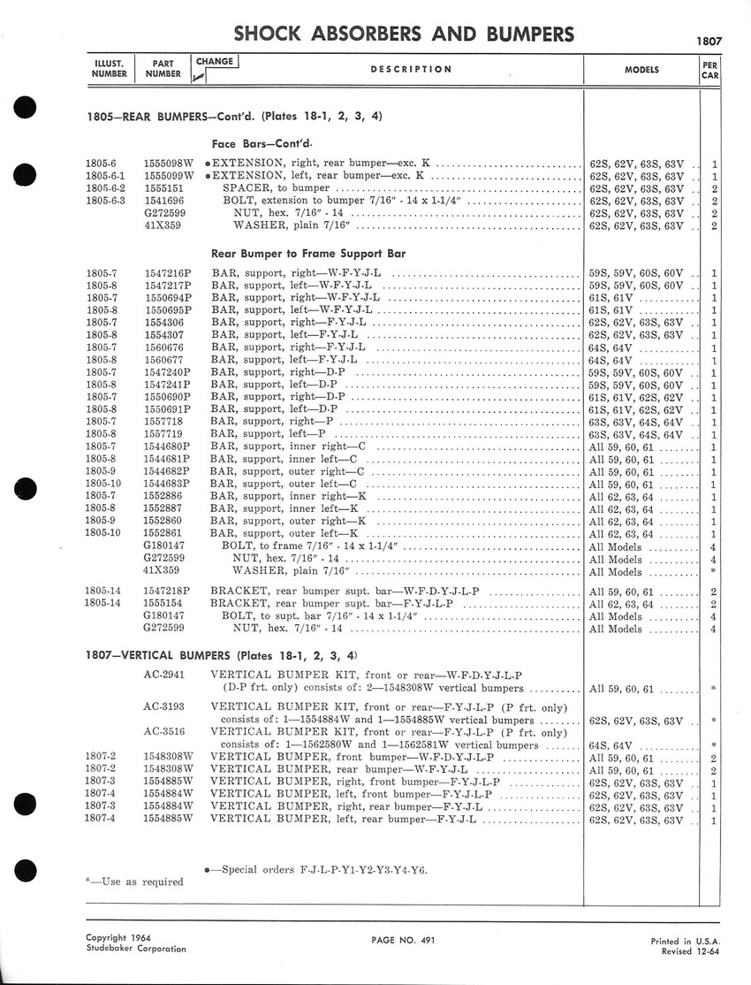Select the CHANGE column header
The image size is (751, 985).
coord(215,62)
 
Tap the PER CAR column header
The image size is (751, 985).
coord(709,69)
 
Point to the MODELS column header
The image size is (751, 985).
coord(641,69)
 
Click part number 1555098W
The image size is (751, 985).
coord(168,164)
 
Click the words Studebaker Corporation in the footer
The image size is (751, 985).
coord(136,949)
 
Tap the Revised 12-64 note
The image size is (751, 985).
coord(695,951)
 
